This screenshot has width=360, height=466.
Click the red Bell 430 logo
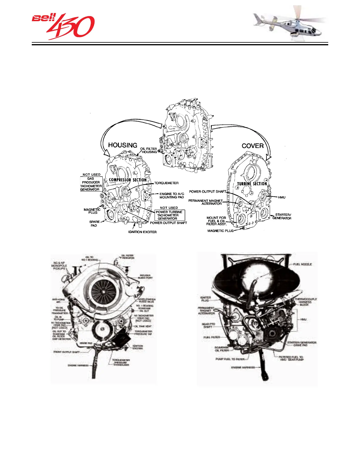click(x=63, y=26)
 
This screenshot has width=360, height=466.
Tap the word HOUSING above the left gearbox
click(x=123, y=145)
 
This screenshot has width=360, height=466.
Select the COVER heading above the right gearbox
click(x=253, y=146)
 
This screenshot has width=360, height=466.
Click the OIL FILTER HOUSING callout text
click(x=149, y=150)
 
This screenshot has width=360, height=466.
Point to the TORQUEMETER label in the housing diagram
click(x=166, y=183)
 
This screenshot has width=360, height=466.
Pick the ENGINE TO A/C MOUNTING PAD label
click(x=172, y=196)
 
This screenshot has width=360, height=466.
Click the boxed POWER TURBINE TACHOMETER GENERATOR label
click(x=170, y=215)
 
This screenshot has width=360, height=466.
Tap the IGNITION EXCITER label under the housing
click(x=142, y=232)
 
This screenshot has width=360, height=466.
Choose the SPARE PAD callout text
click(x=94, y=224)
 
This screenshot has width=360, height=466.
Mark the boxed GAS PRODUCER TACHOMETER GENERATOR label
click(x=91, y=184)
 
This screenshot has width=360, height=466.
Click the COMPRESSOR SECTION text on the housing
click(x=128, y=180)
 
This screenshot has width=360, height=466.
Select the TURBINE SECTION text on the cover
click(x=252, y=184)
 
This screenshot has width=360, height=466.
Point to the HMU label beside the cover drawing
click(x=281, y=197)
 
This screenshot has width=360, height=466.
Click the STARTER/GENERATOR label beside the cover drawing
click(x=282, y=217)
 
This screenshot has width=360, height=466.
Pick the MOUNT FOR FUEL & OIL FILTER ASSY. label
click(x=216, y=221)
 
